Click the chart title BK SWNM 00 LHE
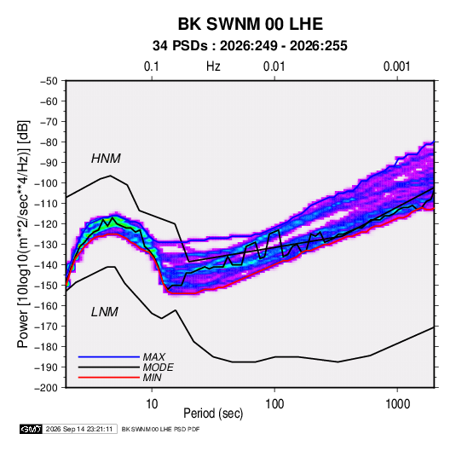point(250,24)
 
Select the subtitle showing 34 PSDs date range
point(250,46)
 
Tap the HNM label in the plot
point(106,159)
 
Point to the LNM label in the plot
point(105,312)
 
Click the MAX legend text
point(154,356)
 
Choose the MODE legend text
point(159,367)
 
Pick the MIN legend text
point(152,378)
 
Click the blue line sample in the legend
point(109,356)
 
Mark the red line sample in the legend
point(109,378)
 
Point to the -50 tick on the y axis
point(49,81)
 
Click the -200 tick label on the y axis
point(46,388)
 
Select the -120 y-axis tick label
point(46,224)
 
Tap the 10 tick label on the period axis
point(152,404)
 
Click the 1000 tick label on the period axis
point(397,404)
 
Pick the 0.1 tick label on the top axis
point(152,66)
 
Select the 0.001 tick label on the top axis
point(397,66)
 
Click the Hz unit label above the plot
point(213,66)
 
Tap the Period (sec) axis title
point(213,413)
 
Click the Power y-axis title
point(23,234)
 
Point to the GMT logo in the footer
point(32,429)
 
